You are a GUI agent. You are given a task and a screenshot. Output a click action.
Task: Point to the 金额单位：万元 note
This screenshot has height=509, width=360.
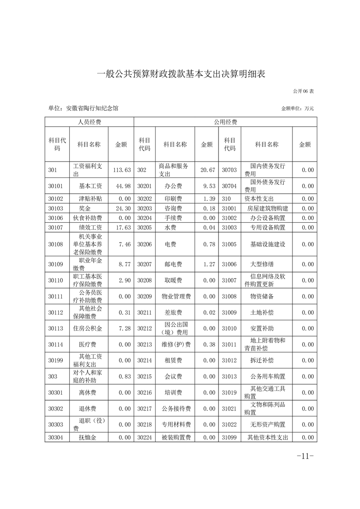pyautogui.click(x=297, y=109)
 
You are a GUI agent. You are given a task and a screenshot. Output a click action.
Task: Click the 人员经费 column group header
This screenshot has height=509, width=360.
pyautogui.click(x=89, y=122)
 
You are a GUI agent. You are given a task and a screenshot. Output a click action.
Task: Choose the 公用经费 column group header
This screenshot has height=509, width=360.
pyautogui.click(x=225, y=122)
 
